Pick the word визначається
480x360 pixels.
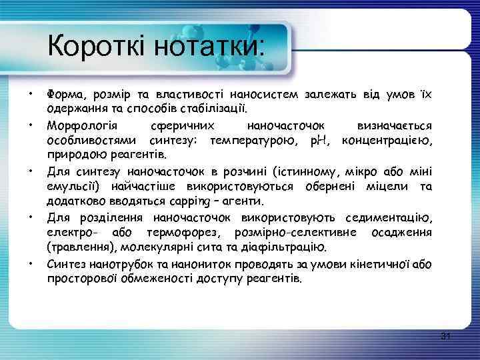394,126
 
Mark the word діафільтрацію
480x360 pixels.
287,248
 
